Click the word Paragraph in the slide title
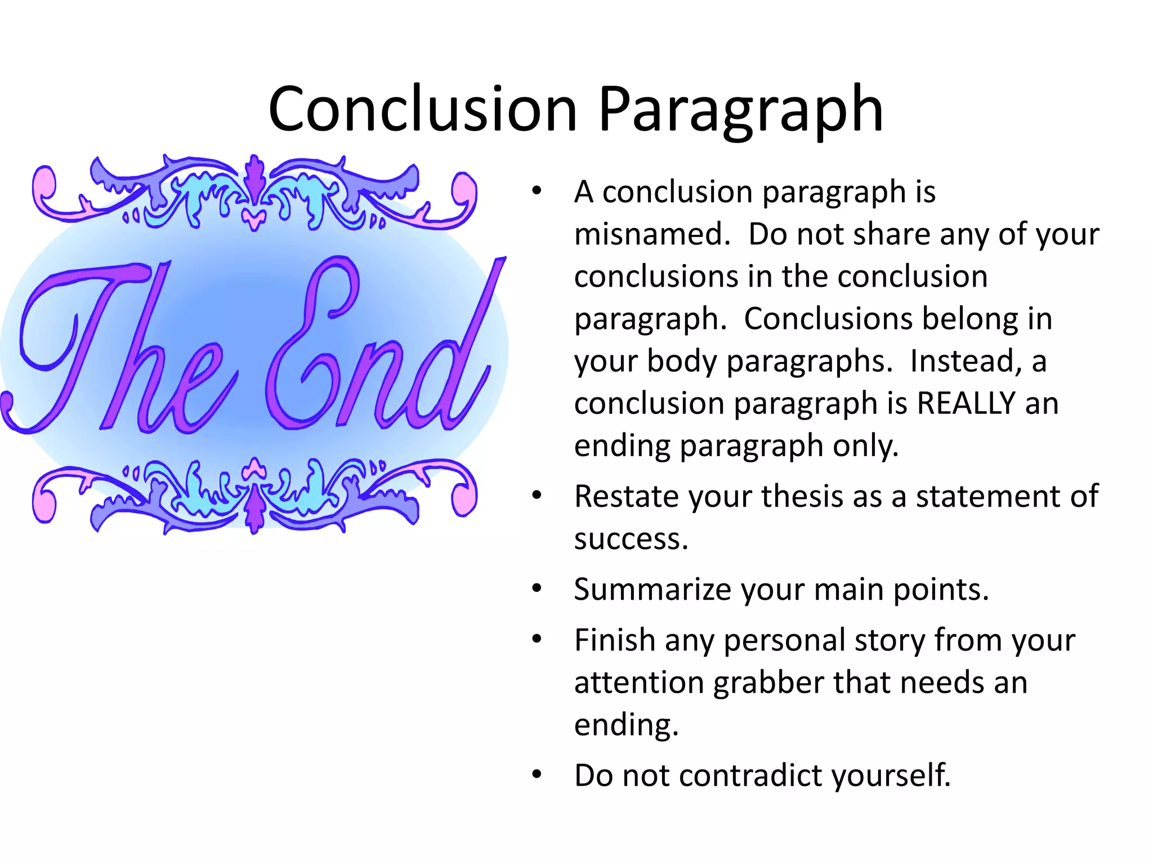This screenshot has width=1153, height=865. click(x=740, y=110)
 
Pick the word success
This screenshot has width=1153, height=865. click(x=631, y=539)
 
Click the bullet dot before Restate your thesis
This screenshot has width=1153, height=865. click(x=537, y=496)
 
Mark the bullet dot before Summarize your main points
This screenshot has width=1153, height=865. click(x=537, y=588)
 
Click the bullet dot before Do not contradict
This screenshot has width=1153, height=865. click(x=537, y=774)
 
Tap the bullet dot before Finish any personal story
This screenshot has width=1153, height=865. click(x=537, y=639)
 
